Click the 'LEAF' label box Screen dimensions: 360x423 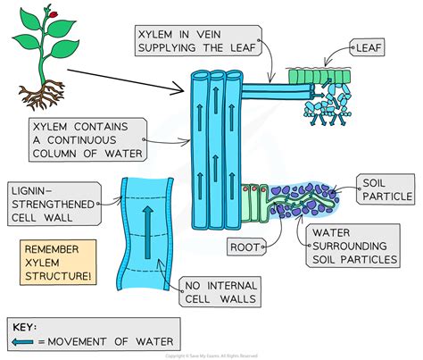[376, 43]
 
